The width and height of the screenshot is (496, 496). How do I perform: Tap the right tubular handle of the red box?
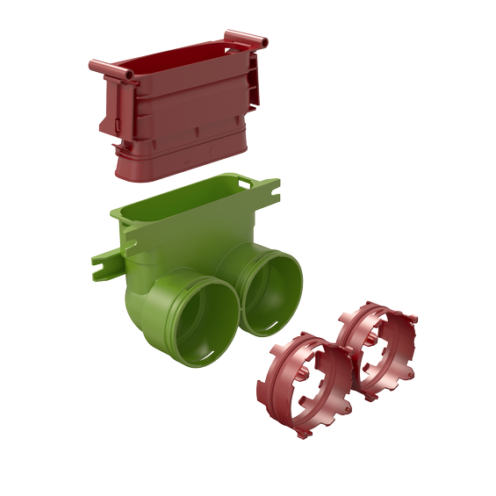244,40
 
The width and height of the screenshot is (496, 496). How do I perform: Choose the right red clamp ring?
380,344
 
